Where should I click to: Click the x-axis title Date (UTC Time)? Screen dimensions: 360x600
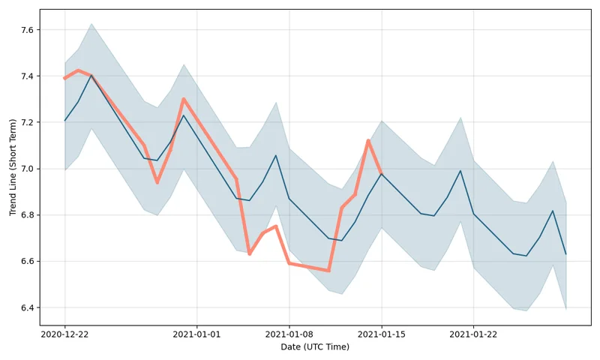(x=315, y=347)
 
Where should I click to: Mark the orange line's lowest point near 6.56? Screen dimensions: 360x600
(x=328, y=271)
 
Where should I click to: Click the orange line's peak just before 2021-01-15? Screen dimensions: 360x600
(x=368, y=140)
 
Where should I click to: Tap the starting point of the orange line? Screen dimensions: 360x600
(x=64, y=78)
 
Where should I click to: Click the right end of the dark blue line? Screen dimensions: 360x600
(x=566, y=254)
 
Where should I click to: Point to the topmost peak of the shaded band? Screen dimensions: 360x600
(x=91, y=23)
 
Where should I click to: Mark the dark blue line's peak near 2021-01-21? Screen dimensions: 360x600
(x=460, y=171)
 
